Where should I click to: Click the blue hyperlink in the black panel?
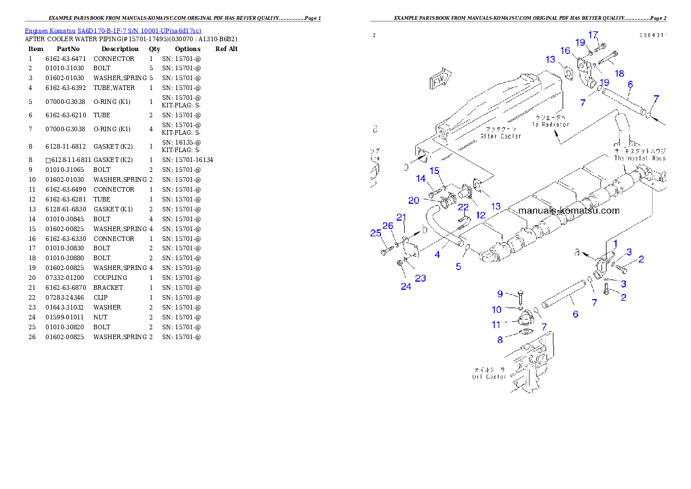(x=113, y=31)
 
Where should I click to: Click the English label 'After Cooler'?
(x=501, y=136)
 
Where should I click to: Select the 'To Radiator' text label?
(x=550, y=124)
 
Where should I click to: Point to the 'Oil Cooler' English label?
(x=488, y=376)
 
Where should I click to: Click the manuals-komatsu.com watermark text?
(x=568, y=211)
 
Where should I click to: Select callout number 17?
(x=593, y=35)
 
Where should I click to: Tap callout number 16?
(x=566, y=51)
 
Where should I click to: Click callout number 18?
(x=620, y=74)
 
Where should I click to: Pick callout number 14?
(x=420, y=178)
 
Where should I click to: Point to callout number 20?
(x=413, y=200)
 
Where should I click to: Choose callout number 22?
(x=463, y=207)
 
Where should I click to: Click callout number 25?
(x=375, y=233)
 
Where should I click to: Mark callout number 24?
(x=406, y=286)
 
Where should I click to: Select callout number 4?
(x=437, y=254)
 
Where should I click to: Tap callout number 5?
(x=458, y=267)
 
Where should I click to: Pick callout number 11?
(x=496, y=325)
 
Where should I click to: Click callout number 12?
(x=481, y=215)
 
